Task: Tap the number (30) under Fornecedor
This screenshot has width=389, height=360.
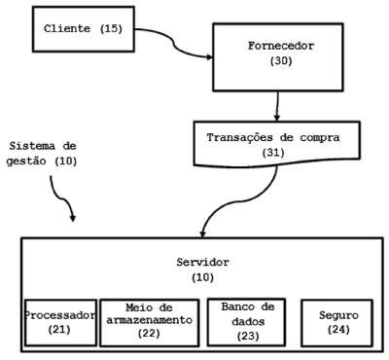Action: (x=281, y=61)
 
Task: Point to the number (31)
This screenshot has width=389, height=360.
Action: (x=273, y=153)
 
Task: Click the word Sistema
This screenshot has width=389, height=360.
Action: (x=33, y=146)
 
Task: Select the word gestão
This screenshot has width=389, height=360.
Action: (x=26, y=162)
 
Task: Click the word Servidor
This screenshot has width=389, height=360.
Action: (x=203, y=262)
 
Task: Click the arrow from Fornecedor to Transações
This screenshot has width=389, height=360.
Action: (x=277, y=106)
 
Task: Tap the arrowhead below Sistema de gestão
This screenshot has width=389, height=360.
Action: (x=73, y=217)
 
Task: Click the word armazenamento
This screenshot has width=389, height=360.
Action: (x=150, y=320)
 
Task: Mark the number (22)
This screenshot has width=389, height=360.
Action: (x=149, y=334)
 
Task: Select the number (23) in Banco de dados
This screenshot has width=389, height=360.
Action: (x=248, y=336)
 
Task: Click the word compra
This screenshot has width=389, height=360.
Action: (x=320, y=138)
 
